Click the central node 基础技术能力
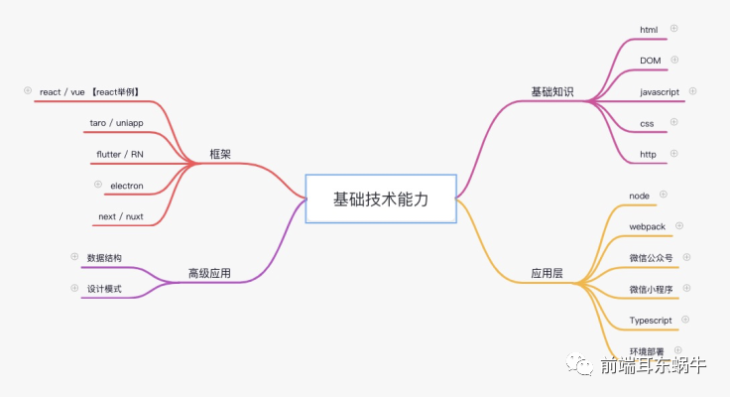[381, 198]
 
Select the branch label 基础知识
[551, 92]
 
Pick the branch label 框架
[220, 154]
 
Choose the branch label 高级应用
[209, 272]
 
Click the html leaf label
[649, 30]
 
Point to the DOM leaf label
[650, 61]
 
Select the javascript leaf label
[660, 91]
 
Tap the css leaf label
[647, 123]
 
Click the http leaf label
[648, 154]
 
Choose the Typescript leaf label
[651, 321]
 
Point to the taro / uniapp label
[116, 123]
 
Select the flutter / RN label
[120, 154]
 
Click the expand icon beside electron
[98, 184]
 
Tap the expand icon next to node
[664, 195]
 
